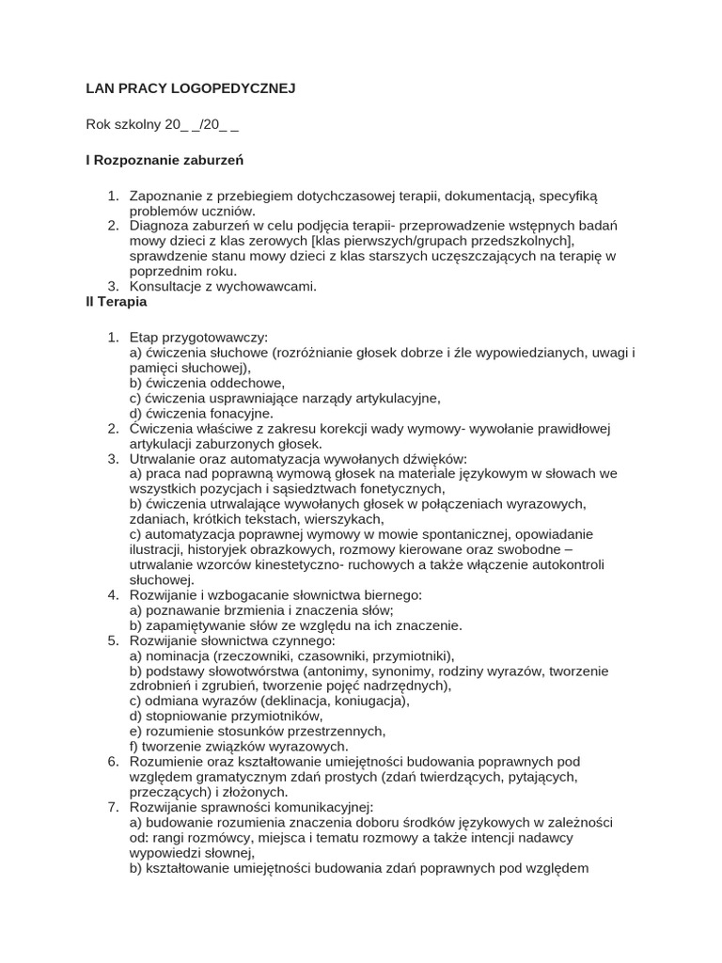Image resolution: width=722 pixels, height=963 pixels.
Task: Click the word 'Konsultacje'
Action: click(x=165, y=286)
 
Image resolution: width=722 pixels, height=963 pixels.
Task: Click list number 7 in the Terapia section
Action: click(x=113, y=807)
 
